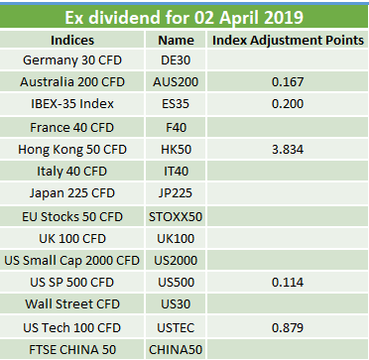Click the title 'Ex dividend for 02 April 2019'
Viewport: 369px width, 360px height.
(184, 17)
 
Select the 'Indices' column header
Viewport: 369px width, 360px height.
(72, 40)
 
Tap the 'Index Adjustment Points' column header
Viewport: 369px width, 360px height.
(288, 40)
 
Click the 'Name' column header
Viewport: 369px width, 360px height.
(176, 40)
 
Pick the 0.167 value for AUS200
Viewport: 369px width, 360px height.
(288, 82)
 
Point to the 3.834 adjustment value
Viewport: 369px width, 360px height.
(288, 150)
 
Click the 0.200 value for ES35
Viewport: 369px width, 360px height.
(288, 104)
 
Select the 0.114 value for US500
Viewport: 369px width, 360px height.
(288, 283)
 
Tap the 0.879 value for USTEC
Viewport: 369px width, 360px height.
(288, 327)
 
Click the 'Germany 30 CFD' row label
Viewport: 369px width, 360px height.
(72, 60)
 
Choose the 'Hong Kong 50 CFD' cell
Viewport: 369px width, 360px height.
(72, 150)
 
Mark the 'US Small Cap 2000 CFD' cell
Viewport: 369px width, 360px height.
(72, 261)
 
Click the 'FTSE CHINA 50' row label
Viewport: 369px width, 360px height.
(72, 349)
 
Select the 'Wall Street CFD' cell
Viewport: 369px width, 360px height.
(72, 303)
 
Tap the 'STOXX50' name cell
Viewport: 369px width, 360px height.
(176, 217)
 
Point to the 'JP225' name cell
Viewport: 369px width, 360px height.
(176, 192)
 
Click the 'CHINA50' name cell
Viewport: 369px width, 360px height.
(176, 349)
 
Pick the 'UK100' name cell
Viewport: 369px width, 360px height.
(176, 238)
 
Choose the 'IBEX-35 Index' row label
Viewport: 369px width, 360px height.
(72, 104)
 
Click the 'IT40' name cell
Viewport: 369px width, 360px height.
(176, 172)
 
